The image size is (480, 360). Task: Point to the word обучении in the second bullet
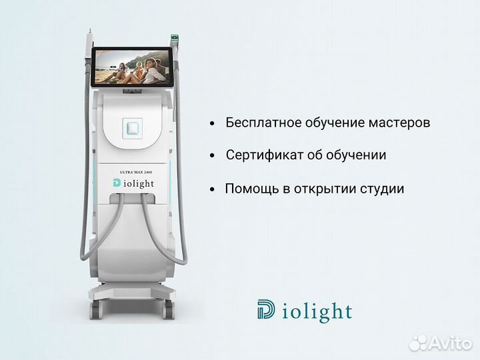click(357, 155)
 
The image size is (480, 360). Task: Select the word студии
click(382, 189)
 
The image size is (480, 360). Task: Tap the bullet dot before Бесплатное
click(212, 124)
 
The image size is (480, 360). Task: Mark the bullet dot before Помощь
click(212, 189)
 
